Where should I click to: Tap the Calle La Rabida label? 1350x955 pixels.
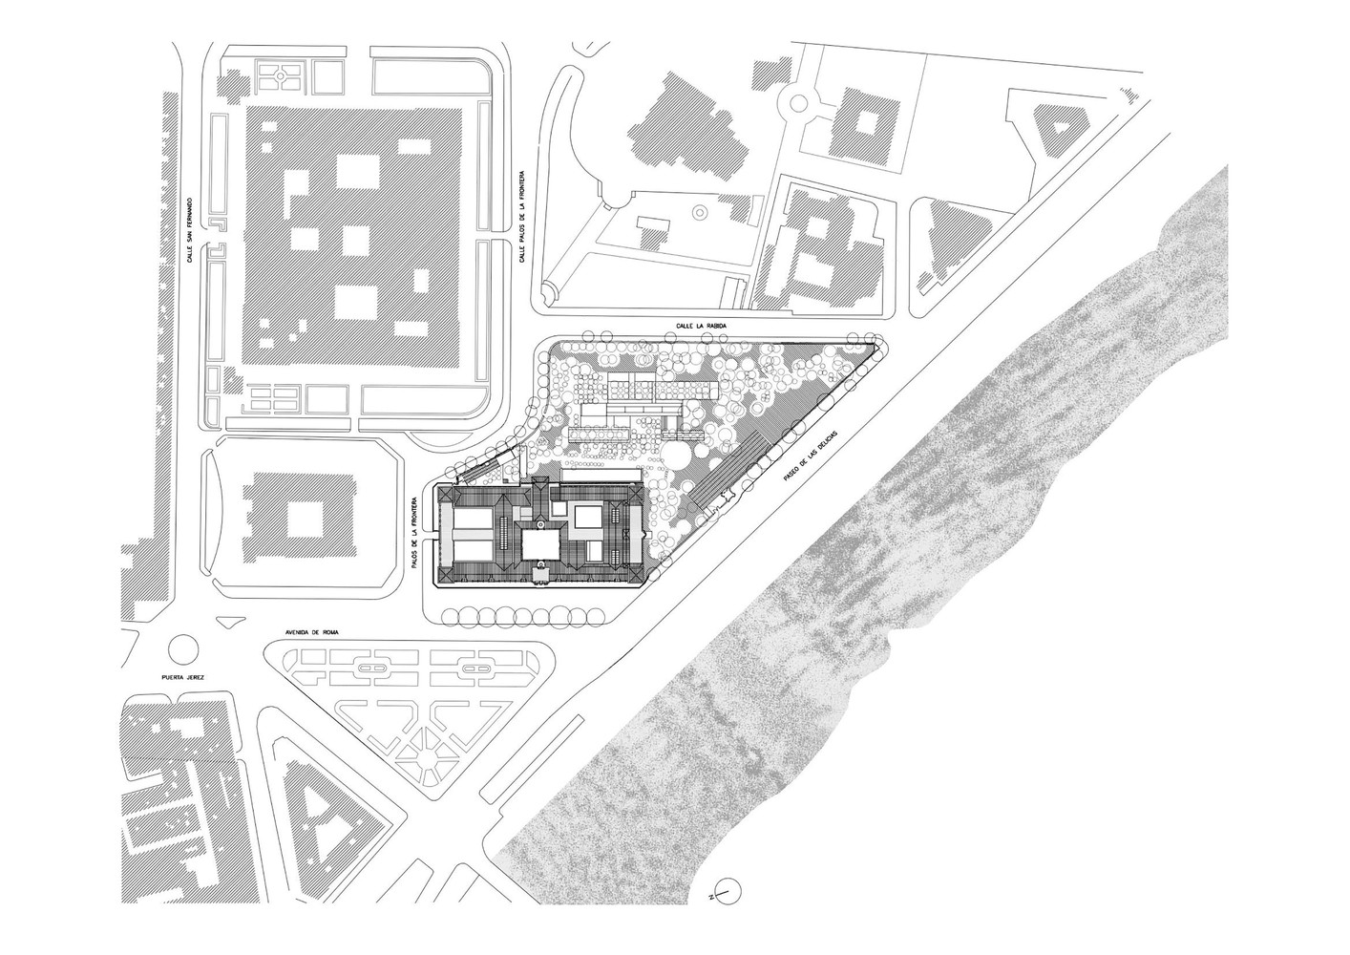pyautogui.click(x=702, y=326)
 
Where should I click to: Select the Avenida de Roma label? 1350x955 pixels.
pyautogui.click(x=311, y=632)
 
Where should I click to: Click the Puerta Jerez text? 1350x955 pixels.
pyautogui.click(x=183, y=678)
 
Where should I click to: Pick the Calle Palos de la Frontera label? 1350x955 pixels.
pyautogui.click(x=522, y=216)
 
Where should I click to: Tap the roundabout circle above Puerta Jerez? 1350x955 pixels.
pyautogui.click(x=183, y=648)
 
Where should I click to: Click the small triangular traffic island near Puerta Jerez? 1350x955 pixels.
pyautogui.click(x=230, y=621)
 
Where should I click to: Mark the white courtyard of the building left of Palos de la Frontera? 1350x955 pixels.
pyautogui.click(x=307, y=518)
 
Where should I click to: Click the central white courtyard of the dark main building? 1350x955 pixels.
pyautogui.click(x=541, y=543)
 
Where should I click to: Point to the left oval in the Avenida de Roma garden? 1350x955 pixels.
pyautogui.click(x=373, y=669)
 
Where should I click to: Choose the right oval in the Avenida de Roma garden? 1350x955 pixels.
pyautogui.click(x=477, y=669)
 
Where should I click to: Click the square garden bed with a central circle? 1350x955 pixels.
pyautogui.click(x=280, y=76)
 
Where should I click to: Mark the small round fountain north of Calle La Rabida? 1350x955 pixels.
pyautogui.click(x=700, y=212)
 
